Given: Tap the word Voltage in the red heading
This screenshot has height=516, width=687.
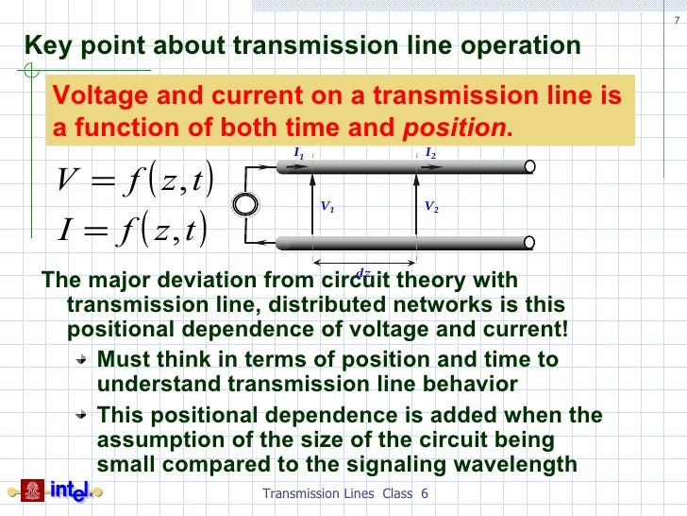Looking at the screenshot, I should (x=93, y=97).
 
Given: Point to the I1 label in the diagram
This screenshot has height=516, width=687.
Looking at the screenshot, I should (x=298, y=152).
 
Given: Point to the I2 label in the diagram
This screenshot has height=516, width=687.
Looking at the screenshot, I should (x=429, y=152).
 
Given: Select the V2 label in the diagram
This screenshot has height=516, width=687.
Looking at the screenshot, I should (x=431, y=206).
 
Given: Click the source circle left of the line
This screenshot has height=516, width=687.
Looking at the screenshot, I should (x=248, y=204).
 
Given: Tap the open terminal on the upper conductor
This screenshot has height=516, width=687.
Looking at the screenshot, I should (x=530, y=167).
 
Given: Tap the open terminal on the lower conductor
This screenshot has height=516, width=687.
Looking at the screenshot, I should (x=530, y=242).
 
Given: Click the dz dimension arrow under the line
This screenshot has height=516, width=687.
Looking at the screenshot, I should (x=364, y=263).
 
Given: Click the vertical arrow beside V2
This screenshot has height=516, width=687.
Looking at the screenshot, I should (x=415, y=204).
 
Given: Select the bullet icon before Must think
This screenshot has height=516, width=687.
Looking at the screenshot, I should (x=83, y=361).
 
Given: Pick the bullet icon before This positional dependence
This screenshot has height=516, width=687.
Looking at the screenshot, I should (x=83, y=415).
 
